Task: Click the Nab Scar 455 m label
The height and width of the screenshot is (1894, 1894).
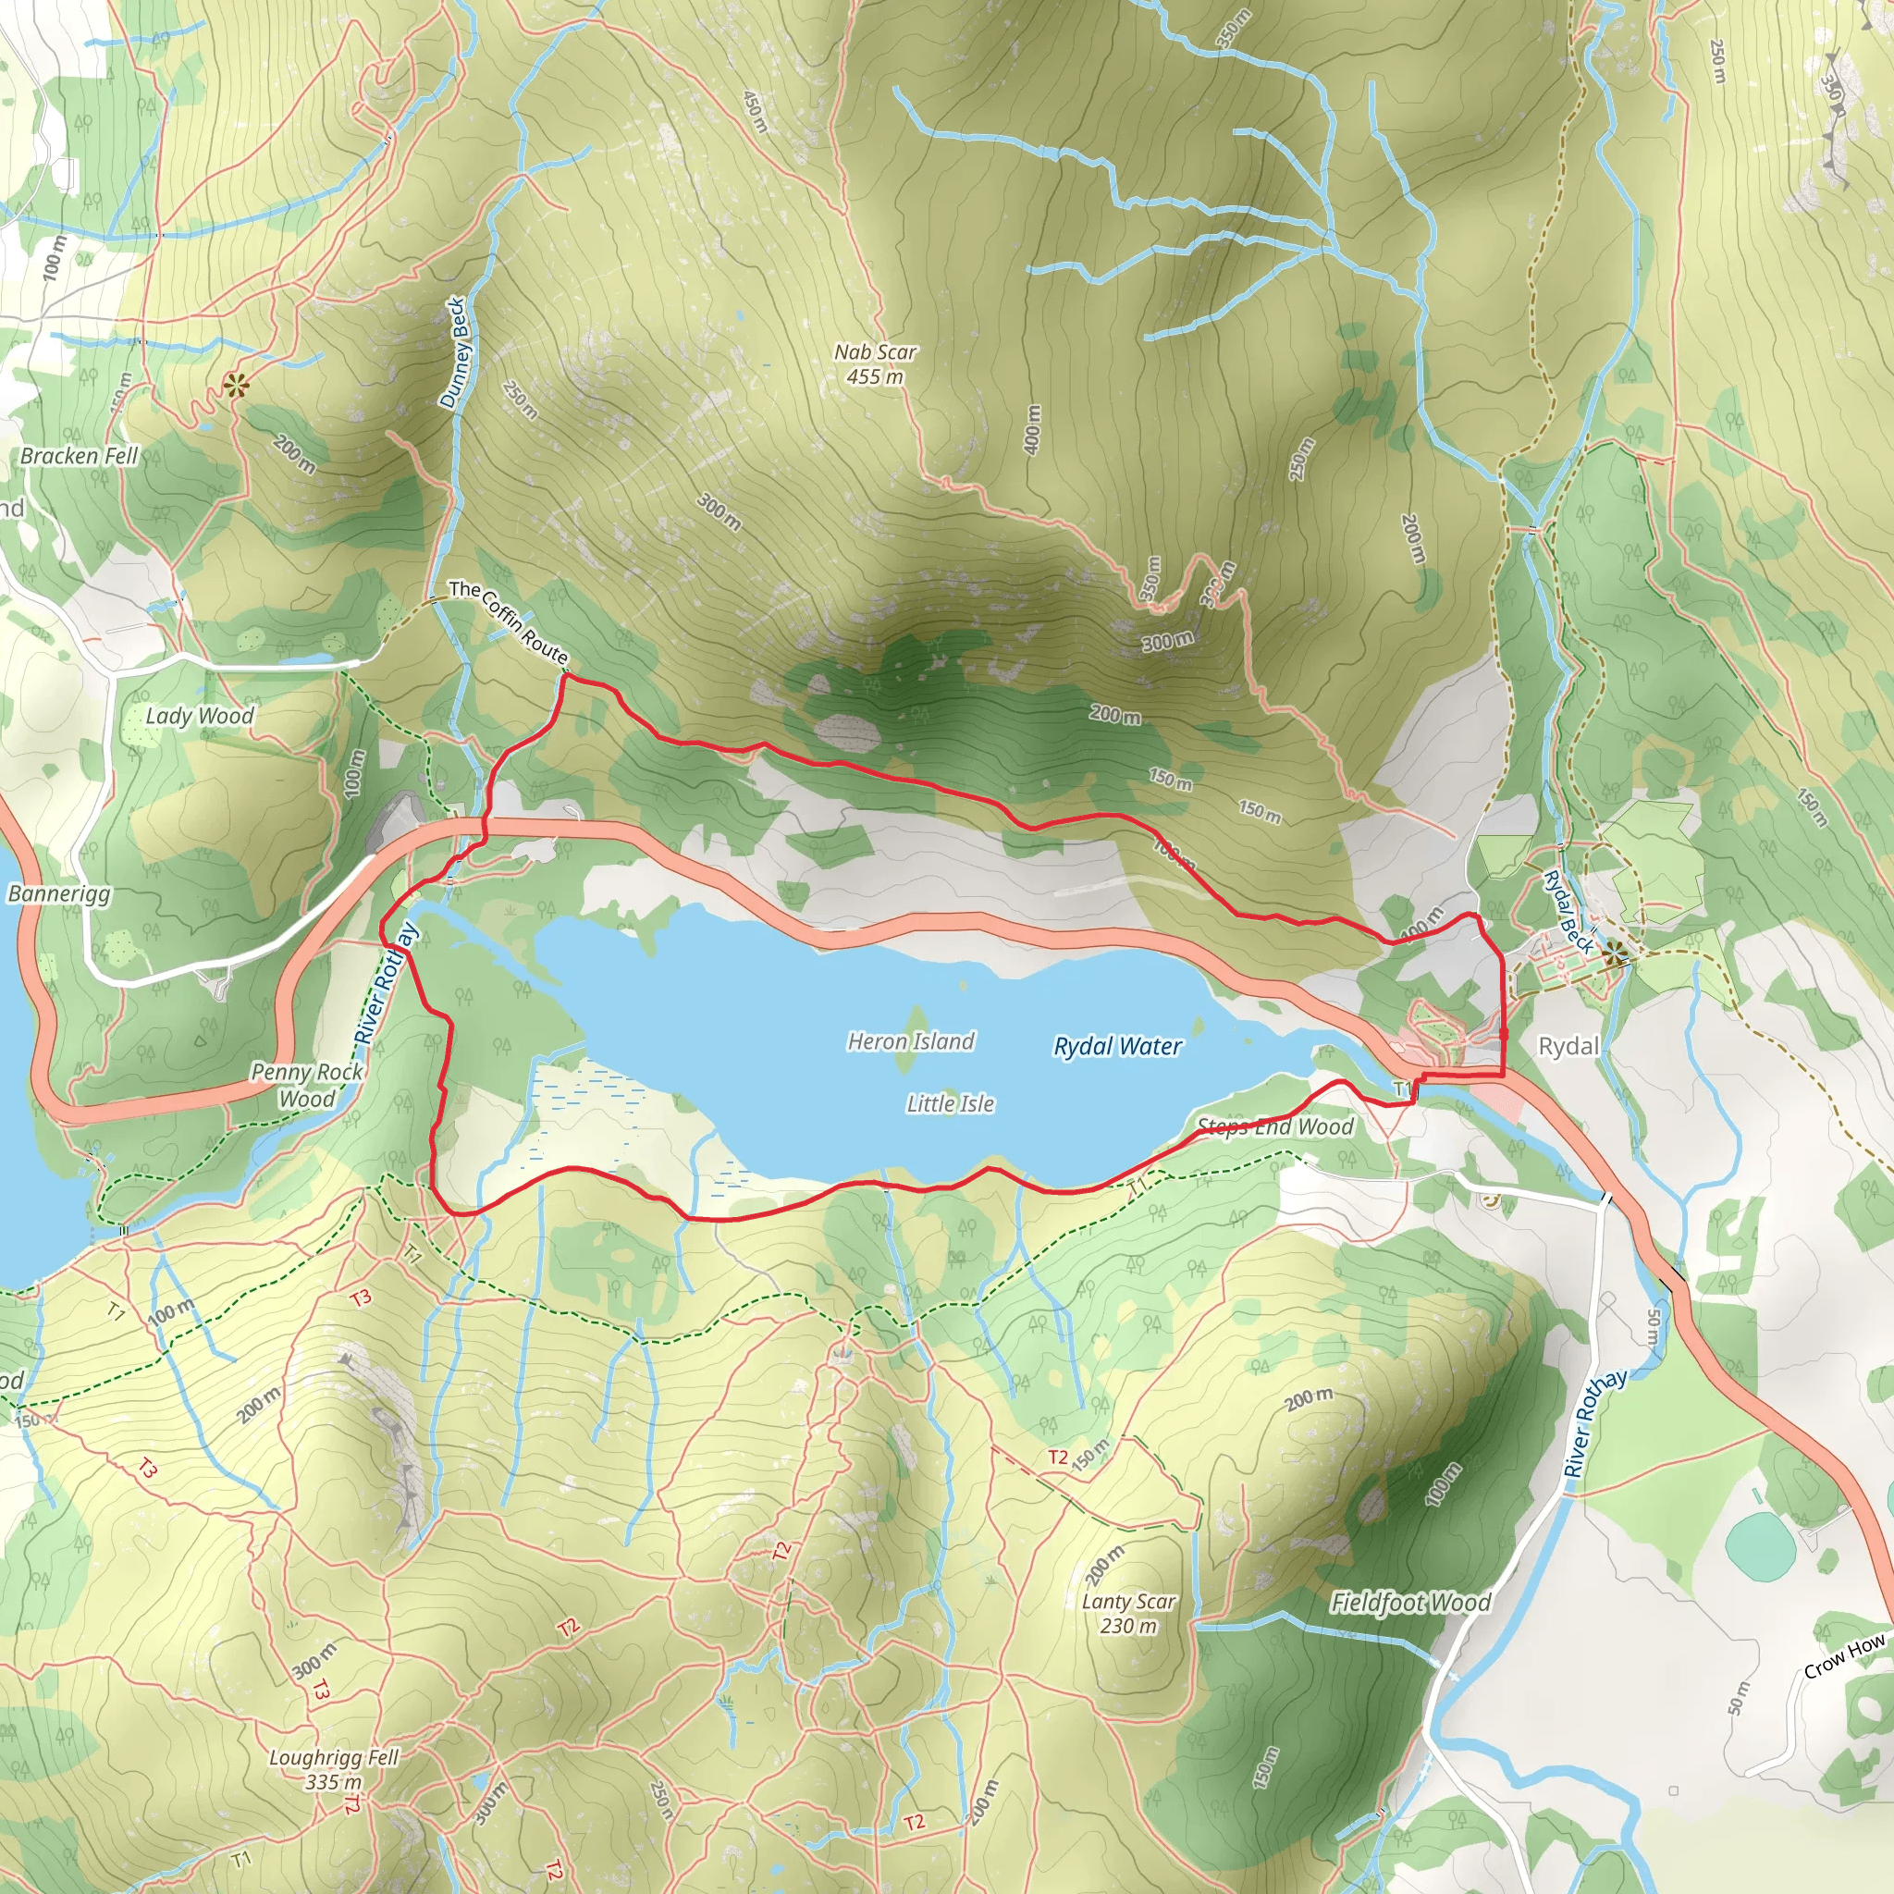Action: tap(875, 363)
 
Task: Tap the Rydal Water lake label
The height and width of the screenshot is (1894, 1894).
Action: tap(1117, 1046)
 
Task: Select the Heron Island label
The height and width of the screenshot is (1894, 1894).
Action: tap(911, 1041)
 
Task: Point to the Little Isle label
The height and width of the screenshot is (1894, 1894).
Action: tap(950, 1104)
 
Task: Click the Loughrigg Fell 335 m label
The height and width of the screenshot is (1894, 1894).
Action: tap(333, 1769)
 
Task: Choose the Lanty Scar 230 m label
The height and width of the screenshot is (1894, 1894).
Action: tap(1128, 1614)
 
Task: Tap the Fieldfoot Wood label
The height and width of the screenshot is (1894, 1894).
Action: tap(1409, 1603)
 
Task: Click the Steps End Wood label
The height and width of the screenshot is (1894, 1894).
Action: tap(1274, 1126)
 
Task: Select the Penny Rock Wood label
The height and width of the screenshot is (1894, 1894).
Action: tap(307, 1085)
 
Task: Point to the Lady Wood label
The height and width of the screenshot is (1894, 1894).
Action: tap(199, 716)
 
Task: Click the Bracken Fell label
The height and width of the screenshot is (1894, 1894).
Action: tap(80, 456)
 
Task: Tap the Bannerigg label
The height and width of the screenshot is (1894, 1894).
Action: tap(59, 893)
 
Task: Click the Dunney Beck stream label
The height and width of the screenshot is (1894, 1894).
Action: tap(455, 353)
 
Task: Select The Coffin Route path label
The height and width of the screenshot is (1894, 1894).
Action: tap(509, 622)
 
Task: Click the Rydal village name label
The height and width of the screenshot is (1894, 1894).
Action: tap(1568, 1046)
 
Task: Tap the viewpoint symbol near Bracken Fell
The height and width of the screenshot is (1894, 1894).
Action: tap(235, 387)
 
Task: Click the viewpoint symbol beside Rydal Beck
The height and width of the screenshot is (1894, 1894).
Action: tap(1614, 951)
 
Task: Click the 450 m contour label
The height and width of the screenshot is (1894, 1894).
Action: tap(755, 113)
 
